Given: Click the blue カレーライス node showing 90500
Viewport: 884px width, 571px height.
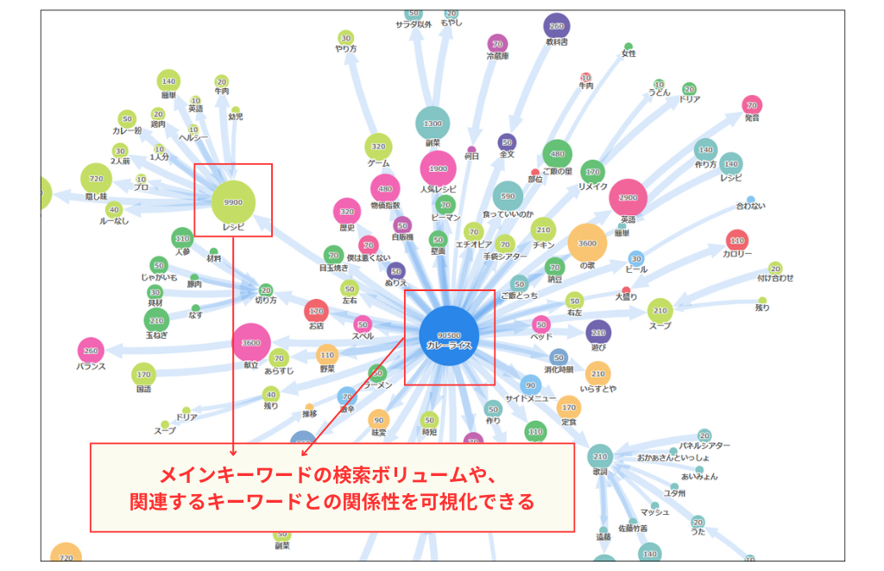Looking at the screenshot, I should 448,336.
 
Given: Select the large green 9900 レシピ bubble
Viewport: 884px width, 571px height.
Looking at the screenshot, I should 233,202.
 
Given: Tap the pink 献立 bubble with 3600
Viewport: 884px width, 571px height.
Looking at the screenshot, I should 251,343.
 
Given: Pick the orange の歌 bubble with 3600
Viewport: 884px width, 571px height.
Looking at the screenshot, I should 587,243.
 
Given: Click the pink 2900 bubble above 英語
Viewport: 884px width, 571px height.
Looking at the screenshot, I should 628,198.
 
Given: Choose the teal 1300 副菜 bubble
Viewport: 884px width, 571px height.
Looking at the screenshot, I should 433,124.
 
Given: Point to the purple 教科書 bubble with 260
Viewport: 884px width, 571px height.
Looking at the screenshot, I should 556,26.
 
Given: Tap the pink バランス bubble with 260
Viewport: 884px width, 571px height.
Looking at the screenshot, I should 91,351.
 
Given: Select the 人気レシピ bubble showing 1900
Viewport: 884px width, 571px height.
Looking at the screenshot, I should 438,168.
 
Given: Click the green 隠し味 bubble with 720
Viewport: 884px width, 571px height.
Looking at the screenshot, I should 96,179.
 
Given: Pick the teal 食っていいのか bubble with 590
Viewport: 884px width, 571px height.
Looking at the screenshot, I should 508,196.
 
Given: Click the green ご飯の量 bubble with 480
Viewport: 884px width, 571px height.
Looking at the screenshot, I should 557,154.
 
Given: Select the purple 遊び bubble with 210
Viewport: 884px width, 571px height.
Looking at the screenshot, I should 597,333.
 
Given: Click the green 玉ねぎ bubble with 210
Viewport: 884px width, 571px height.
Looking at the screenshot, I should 156,320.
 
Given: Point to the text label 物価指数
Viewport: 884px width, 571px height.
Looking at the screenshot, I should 385,205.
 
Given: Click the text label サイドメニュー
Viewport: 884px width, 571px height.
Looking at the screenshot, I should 529,400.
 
